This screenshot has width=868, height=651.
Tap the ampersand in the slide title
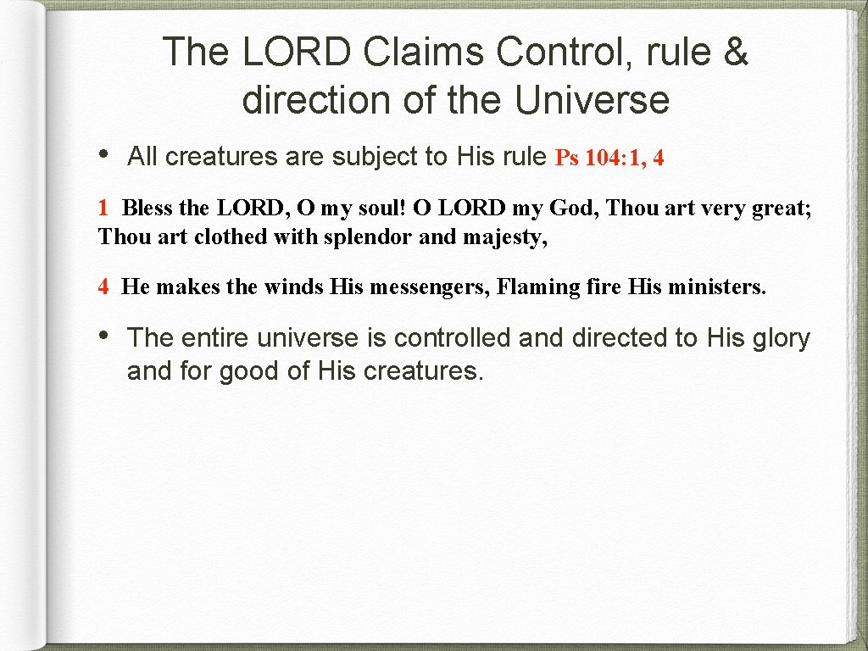[736, 52]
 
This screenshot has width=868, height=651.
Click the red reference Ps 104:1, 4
[609, 158]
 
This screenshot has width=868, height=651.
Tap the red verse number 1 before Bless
[103, 208]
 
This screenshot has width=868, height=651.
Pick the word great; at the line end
[779, 208]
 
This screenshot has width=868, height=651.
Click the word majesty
[505, 236]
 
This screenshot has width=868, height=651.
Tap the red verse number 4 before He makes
[103, 287]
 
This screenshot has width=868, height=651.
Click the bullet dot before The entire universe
[103, 337]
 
